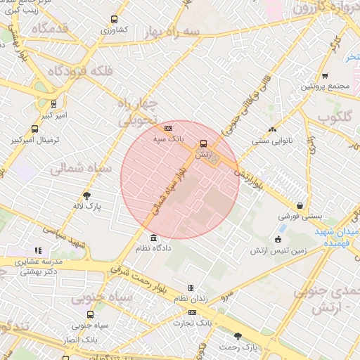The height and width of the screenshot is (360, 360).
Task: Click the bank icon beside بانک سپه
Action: point(168,129)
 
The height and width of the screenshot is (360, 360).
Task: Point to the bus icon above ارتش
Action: point(204,143)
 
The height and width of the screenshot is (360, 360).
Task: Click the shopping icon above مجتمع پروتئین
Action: point(324,76)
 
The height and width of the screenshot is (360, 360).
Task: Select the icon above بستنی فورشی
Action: point(300,206)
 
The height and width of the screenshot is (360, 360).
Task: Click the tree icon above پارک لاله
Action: point(87,196)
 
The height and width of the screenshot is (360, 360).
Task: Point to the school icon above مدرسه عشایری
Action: point(38,250)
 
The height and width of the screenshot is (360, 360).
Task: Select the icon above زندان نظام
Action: point(191,288)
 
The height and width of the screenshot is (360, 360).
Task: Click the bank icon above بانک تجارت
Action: point(192,311)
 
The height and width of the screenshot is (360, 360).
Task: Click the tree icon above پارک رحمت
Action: point(238,336)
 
